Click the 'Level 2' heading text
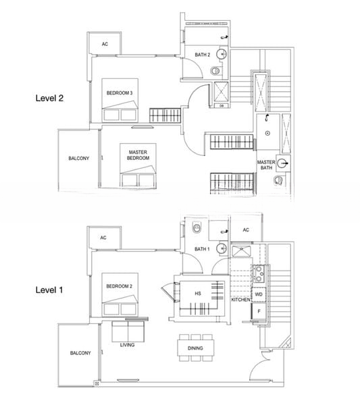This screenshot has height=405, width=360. [x=49, y=98]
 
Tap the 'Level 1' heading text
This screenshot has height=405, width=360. [x=49, y=290]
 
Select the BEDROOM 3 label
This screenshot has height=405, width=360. [x=120, y=93]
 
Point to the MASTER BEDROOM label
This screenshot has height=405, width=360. [x=138, y=155]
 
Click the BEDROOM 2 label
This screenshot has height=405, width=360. [x=119, y=286]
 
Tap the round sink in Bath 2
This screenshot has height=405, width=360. [x=222, y=54]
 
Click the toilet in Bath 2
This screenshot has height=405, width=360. [x=215, y=70]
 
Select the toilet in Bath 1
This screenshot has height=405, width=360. [x=197, y=228]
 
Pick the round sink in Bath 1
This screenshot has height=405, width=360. [x=222, y=248]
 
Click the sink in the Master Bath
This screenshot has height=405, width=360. [x=283, y=163]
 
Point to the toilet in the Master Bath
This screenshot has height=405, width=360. [x=278, y=180]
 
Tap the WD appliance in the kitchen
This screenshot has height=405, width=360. [x=259, y=294]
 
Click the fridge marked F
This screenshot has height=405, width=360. [x=259, y=311]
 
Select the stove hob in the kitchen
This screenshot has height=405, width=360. [x=259, y=274]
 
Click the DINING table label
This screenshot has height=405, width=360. [x=195, y=348]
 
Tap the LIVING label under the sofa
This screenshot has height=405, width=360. [x=127, y=345]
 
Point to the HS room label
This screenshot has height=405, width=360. [x=198, y=294]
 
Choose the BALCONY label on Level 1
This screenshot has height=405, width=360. [x=80, y=353]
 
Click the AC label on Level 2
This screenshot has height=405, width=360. [x=105, y=44]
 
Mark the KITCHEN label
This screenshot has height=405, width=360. [x=240, y=300]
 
